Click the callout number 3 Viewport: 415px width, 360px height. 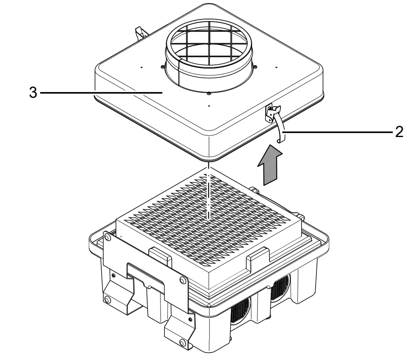click(33, 92)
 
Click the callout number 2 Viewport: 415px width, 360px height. click(399, 132)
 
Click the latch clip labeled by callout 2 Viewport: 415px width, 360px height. click(279, 123)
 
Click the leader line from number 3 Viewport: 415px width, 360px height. click(101, 93)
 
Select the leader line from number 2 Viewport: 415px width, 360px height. click(336, 132)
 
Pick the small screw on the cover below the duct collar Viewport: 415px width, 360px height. click(208, 94)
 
